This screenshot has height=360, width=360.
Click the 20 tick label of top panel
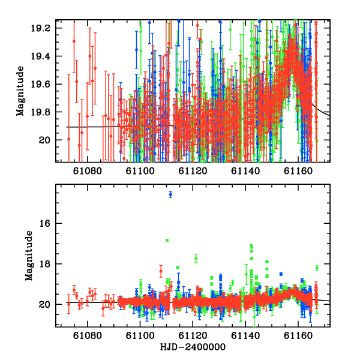click(x=44, y=140)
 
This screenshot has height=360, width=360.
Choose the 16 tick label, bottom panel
click(x=44, y=223)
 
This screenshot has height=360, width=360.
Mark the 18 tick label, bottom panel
click(x=44, y=264)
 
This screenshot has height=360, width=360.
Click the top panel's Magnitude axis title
click(x=20, y=91)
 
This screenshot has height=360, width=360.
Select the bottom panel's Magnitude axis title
click(x=29, y=256)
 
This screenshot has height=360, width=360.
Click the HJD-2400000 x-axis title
click(x=193, y=347)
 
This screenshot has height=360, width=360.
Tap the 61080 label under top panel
click(x=87, y=171)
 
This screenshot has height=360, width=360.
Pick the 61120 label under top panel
click(x=193, y=171)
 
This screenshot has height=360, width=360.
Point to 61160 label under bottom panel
click(x=298, y=335)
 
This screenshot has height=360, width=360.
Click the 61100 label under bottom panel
click(x=140, y=335)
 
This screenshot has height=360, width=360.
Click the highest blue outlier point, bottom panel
click(x=170, y=194)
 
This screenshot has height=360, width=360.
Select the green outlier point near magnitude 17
click(x=167, y=240)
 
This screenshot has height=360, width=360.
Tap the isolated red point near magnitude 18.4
click(x=161, y=271)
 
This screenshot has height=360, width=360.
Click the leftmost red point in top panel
click(x=68, y=139)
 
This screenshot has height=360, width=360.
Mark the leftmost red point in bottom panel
click(x=68, y=304)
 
